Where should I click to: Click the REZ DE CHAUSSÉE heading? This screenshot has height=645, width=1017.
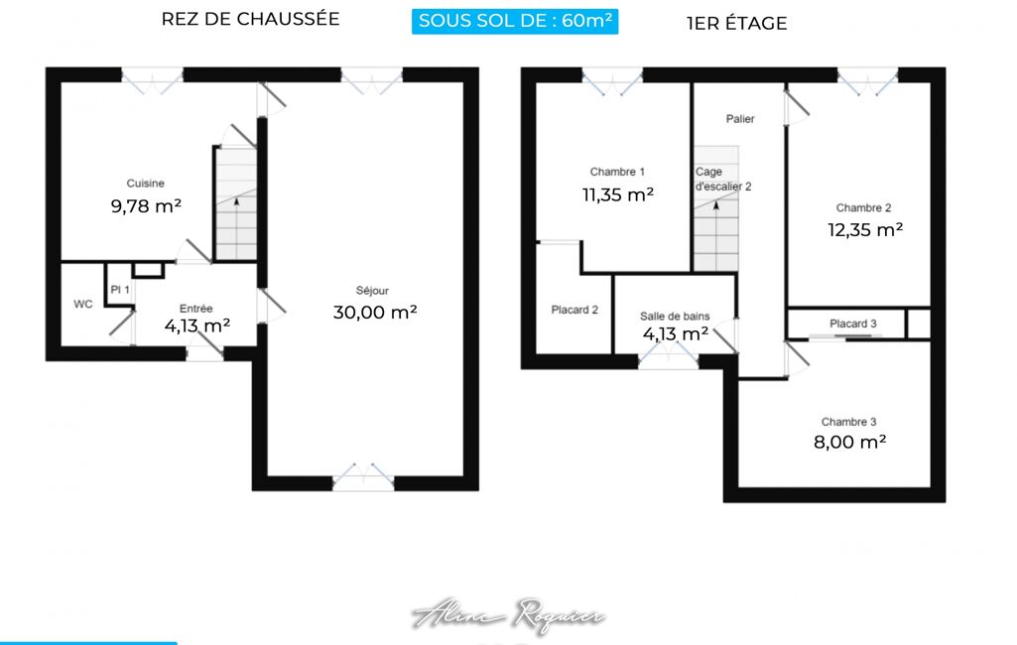click(x=250, y=19)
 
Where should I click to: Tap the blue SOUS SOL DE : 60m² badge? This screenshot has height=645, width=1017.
click(x=515, y=21)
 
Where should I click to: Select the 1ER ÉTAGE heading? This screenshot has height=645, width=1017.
click(x=737, y=24)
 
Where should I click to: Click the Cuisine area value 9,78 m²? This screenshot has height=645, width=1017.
click(x=146, y=206)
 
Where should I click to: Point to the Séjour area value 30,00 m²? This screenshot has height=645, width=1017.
click(x=375, y=313)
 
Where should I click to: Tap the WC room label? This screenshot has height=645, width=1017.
click(x=83, y=304)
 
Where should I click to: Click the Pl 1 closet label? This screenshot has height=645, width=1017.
click(x=120, y=290)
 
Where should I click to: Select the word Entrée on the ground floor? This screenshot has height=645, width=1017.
click(x=195, y=309)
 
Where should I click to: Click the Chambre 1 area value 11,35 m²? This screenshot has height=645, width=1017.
click(x=618, y=194)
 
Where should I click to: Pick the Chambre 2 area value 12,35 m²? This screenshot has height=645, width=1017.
click(x=865, y=229)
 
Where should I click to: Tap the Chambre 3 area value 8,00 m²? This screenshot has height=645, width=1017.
click(x=849, y=442)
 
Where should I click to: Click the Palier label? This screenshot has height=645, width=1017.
click(x=740, y=119)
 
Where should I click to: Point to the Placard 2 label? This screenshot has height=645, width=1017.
click(x=574, y=310)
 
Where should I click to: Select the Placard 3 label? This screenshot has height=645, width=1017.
click(x=853, y=323)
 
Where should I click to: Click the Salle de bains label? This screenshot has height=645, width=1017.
click(x=675, y=316)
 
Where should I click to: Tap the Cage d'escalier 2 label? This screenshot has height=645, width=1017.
click(x=723, y=179)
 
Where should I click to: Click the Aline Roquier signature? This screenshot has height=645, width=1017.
click(x=508, y=614)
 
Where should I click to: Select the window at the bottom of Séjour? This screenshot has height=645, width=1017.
click(x=363, y=477)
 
